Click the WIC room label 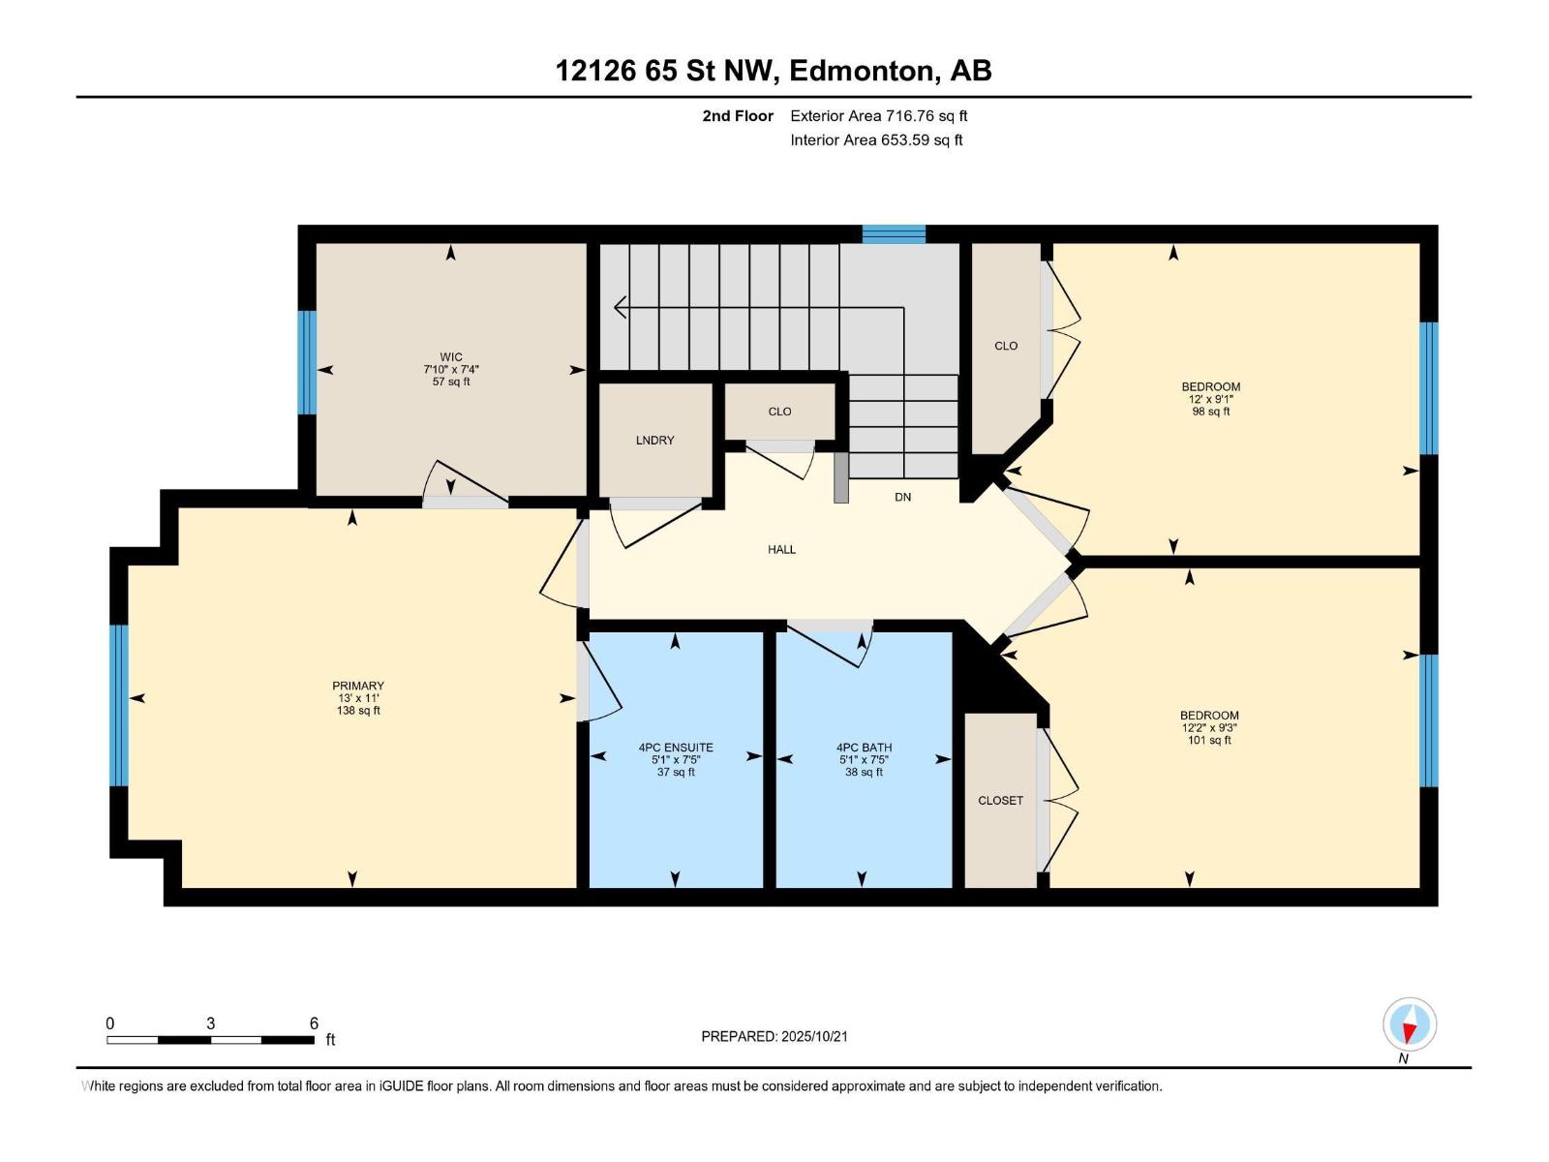click(451, 357)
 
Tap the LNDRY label click(654, 441)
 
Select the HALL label click(782, 550)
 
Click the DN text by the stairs click(902, 497)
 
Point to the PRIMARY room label click(358, 686)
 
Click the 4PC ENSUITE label click(676, 748)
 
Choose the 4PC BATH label click(864, 748)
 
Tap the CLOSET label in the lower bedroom click(1001, 801)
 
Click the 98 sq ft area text click(1211, 412)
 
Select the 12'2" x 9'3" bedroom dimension click(1209, 728)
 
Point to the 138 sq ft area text click(358, 711)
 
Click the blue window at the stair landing click(894, 234)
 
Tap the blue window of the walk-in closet click(307, 362)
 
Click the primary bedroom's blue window click(119, 706)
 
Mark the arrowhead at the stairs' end click(621, 308)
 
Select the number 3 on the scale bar click(210, 1023)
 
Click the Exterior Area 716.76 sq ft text click(879, 115)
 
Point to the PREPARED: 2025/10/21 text click(774, 1036)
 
